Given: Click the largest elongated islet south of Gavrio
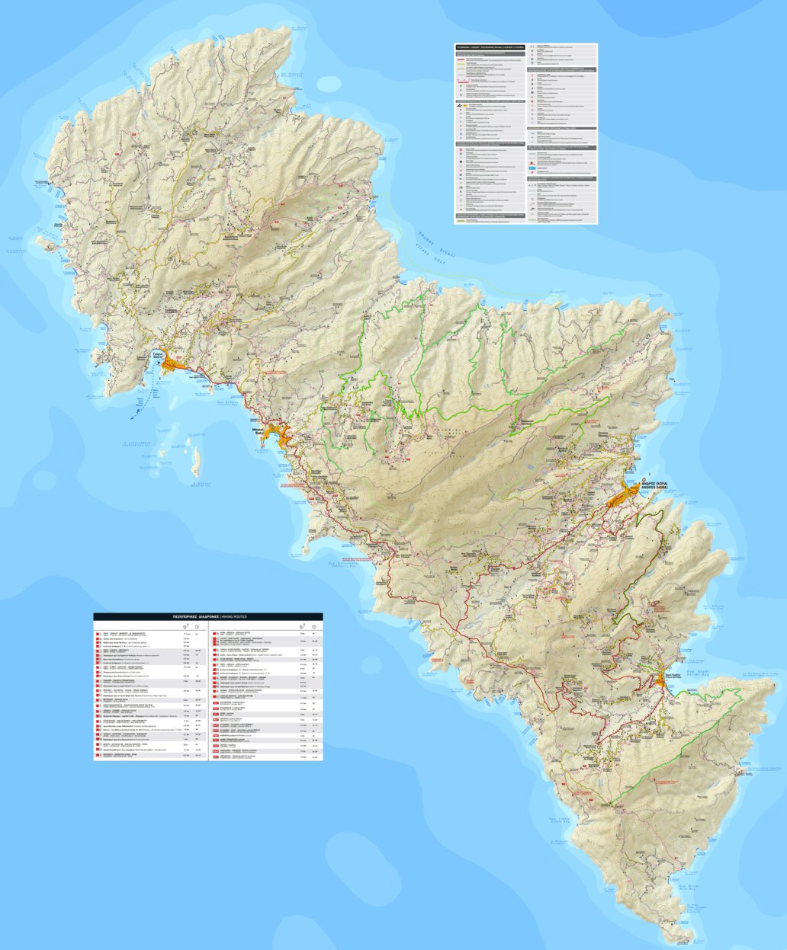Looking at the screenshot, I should click(195, 458).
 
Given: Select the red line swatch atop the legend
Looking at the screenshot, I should click(462, 56).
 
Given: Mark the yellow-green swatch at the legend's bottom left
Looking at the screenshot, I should click(461, 219).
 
